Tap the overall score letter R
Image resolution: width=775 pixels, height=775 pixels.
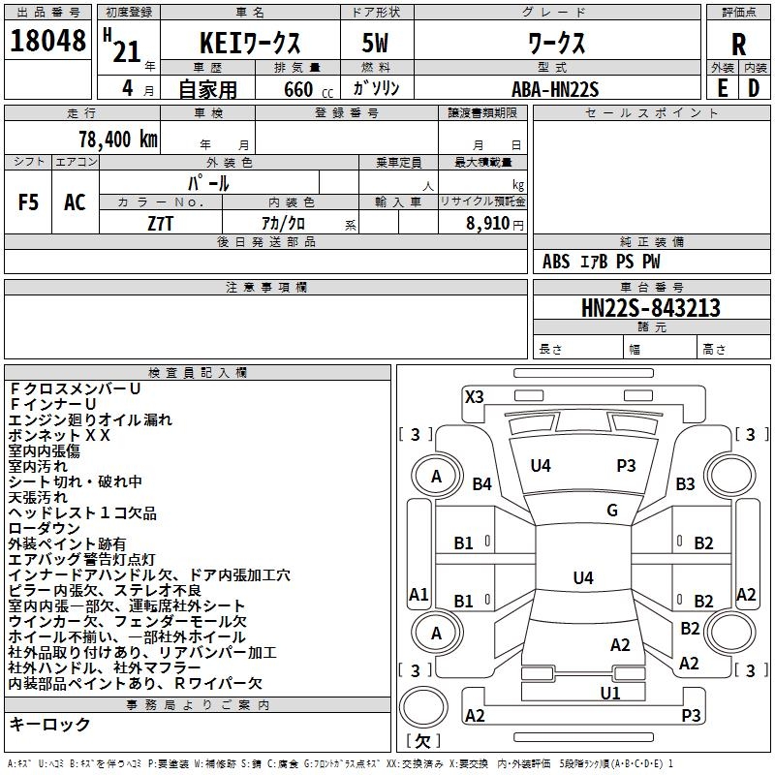[738, 45]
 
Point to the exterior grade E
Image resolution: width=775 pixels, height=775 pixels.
[723, 87]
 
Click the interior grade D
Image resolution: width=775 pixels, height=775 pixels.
[754, 87]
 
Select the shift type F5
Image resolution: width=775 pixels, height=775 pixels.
[29, 202]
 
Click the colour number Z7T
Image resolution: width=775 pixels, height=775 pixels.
[161, 223]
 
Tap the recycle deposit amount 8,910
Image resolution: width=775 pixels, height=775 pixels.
[490, 223]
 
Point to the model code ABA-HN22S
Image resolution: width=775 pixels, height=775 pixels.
[555, 88]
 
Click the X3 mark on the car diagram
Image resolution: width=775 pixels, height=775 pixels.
[475, 396]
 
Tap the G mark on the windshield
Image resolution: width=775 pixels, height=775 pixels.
[611, 511]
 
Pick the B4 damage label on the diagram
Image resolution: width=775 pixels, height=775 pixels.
[482, 483]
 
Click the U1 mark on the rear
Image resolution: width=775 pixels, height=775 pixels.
[609, 693]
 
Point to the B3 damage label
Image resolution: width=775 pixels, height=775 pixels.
[686, 483]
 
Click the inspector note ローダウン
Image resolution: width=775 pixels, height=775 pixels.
[45, 528]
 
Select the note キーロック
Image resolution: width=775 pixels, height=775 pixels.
[50, 724]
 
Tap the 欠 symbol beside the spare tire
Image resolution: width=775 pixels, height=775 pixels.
[421, 741]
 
